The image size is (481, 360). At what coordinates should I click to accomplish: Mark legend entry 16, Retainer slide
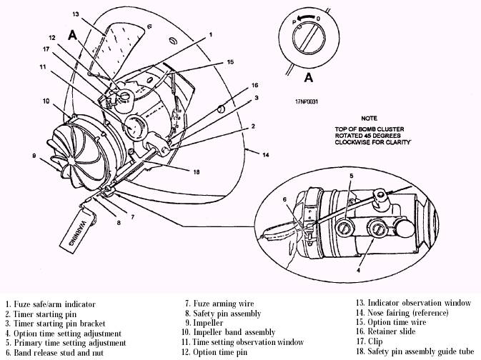point(391,332)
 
